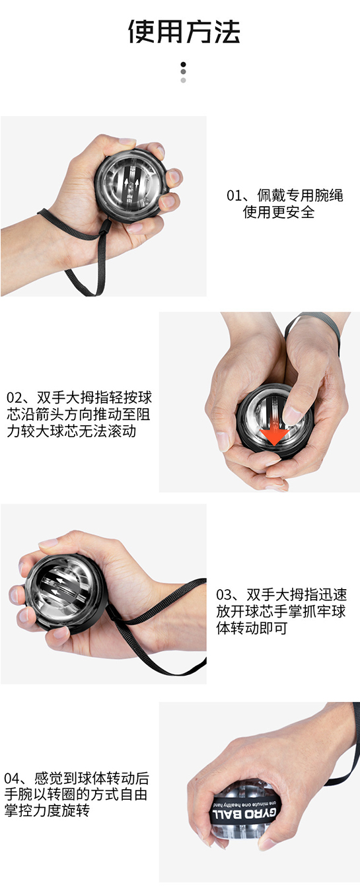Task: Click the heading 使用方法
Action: click(184, 31)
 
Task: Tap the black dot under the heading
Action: click(183, 64)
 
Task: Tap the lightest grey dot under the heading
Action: click(183, 81)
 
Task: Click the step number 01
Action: click(234, 195)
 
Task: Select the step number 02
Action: click(14, 397)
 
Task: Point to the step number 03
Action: click(223, 594)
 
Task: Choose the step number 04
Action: click(11, 778)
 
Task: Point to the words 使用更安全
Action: click(278, 212)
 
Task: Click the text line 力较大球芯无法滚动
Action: click(71, 431)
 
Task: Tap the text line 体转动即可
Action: click(252, 628)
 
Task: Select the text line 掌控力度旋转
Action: click(47, 810)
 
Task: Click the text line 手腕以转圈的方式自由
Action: click(76, 794)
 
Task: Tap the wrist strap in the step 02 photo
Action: click(314, 329)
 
